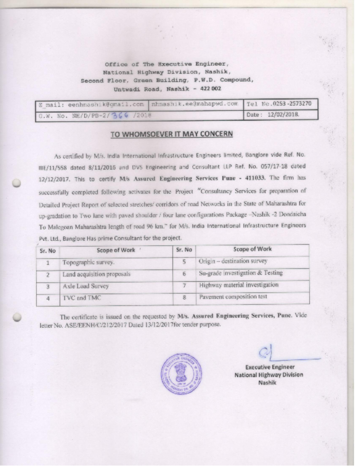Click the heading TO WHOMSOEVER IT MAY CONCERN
(171, 134)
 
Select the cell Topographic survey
(89, 262)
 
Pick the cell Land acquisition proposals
(97, 274)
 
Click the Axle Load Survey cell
(86, 286)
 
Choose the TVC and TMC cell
(81, 298)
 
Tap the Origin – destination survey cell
(233, 261)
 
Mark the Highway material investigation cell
(239, 285)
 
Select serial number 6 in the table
(183, 274)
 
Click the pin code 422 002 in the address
(209, 88)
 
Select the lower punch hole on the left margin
(18, 317)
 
